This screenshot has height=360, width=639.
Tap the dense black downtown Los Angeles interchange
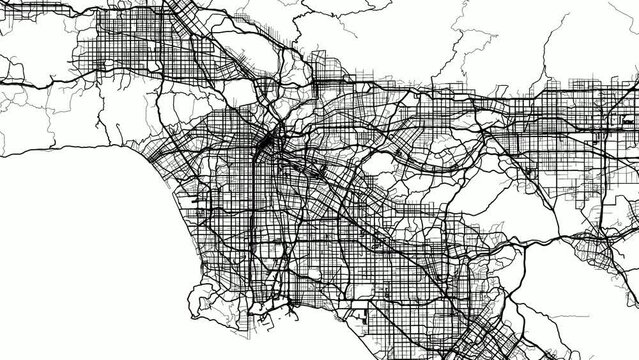click(x=264, y=148)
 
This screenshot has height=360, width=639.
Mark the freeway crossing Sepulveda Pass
click(x=160, y=110)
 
